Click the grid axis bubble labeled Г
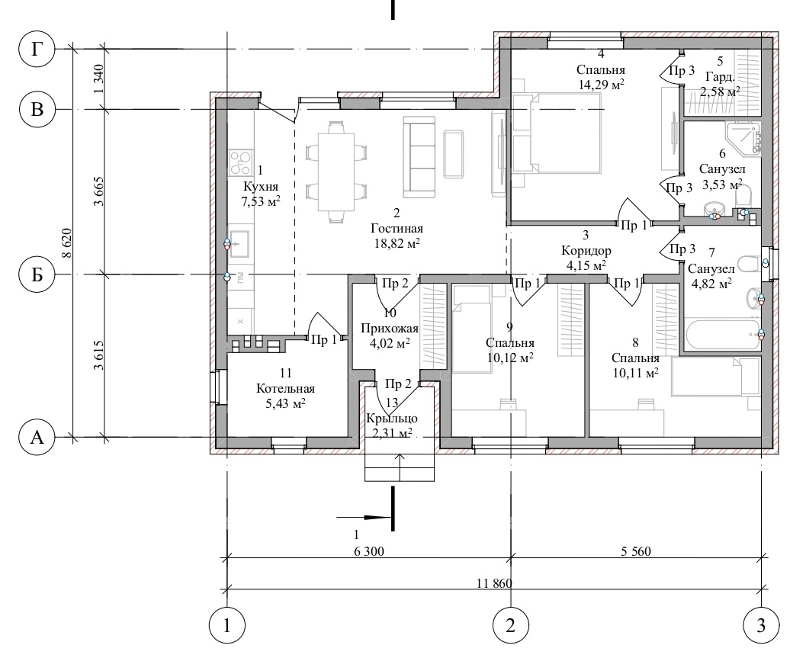[37, 49]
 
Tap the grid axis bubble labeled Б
[37, 274]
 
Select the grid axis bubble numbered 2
[510, 626]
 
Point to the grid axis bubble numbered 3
[761, 626]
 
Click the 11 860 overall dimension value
[494, 583]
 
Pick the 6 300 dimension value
[369, 551]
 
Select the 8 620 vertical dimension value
[67, 245]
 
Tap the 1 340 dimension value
[99, 78]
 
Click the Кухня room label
[260, 186]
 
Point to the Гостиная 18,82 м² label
[397, 236]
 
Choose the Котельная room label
[285, 389]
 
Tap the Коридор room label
[586, 250]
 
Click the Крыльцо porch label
[392, 418]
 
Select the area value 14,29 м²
[602, 85]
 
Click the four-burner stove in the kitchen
[241, 162]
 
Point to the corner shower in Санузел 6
[743, 138]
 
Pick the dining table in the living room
[336, 172]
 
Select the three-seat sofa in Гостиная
[419, 157]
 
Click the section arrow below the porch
[364, 517]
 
